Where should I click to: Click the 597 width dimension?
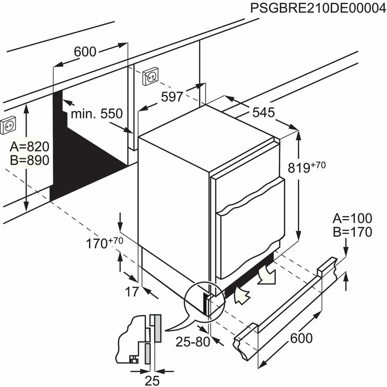pos(172,97)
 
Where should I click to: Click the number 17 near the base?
pos(130,292)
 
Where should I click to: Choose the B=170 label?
pos(353,232)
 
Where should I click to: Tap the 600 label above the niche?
pos(85,52)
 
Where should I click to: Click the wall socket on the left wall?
pos(9,126)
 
